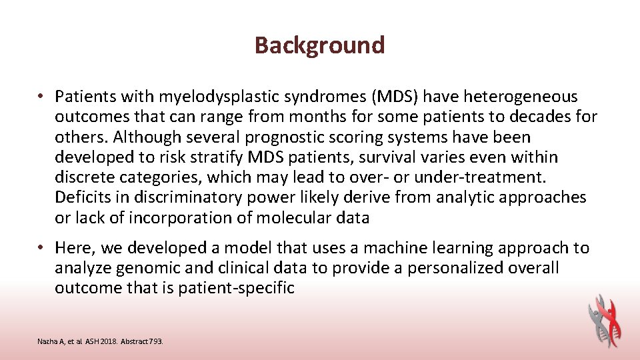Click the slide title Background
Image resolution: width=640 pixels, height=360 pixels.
319,45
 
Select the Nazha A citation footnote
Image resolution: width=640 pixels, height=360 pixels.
100,341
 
